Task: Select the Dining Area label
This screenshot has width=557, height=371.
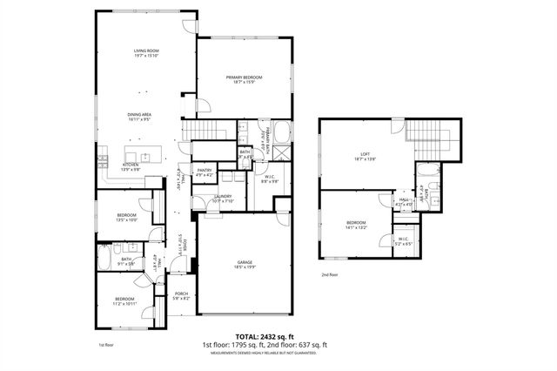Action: coord(140,116)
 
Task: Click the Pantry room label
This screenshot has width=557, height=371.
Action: coord(205,172)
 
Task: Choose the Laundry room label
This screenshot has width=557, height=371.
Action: coord(223,199)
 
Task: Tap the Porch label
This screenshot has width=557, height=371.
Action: coord(182,296)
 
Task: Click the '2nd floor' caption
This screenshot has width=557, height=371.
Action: coord(328,274)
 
